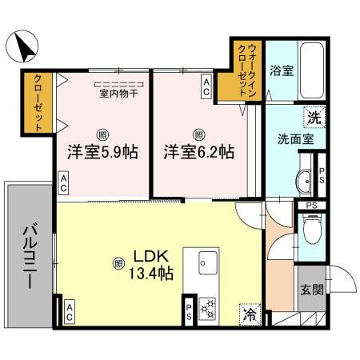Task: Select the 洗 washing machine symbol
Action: [x=314, y=118]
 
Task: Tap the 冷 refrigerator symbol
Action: [x=250, y=314]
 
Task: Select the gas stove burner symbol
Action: [x=206, y=307]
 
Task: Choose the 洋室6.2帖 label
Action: [x=199, y=151]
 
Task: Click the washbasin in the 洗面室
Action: [x=304, y=181]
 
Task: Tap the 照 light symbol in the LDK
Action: [x=118, y=261]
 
